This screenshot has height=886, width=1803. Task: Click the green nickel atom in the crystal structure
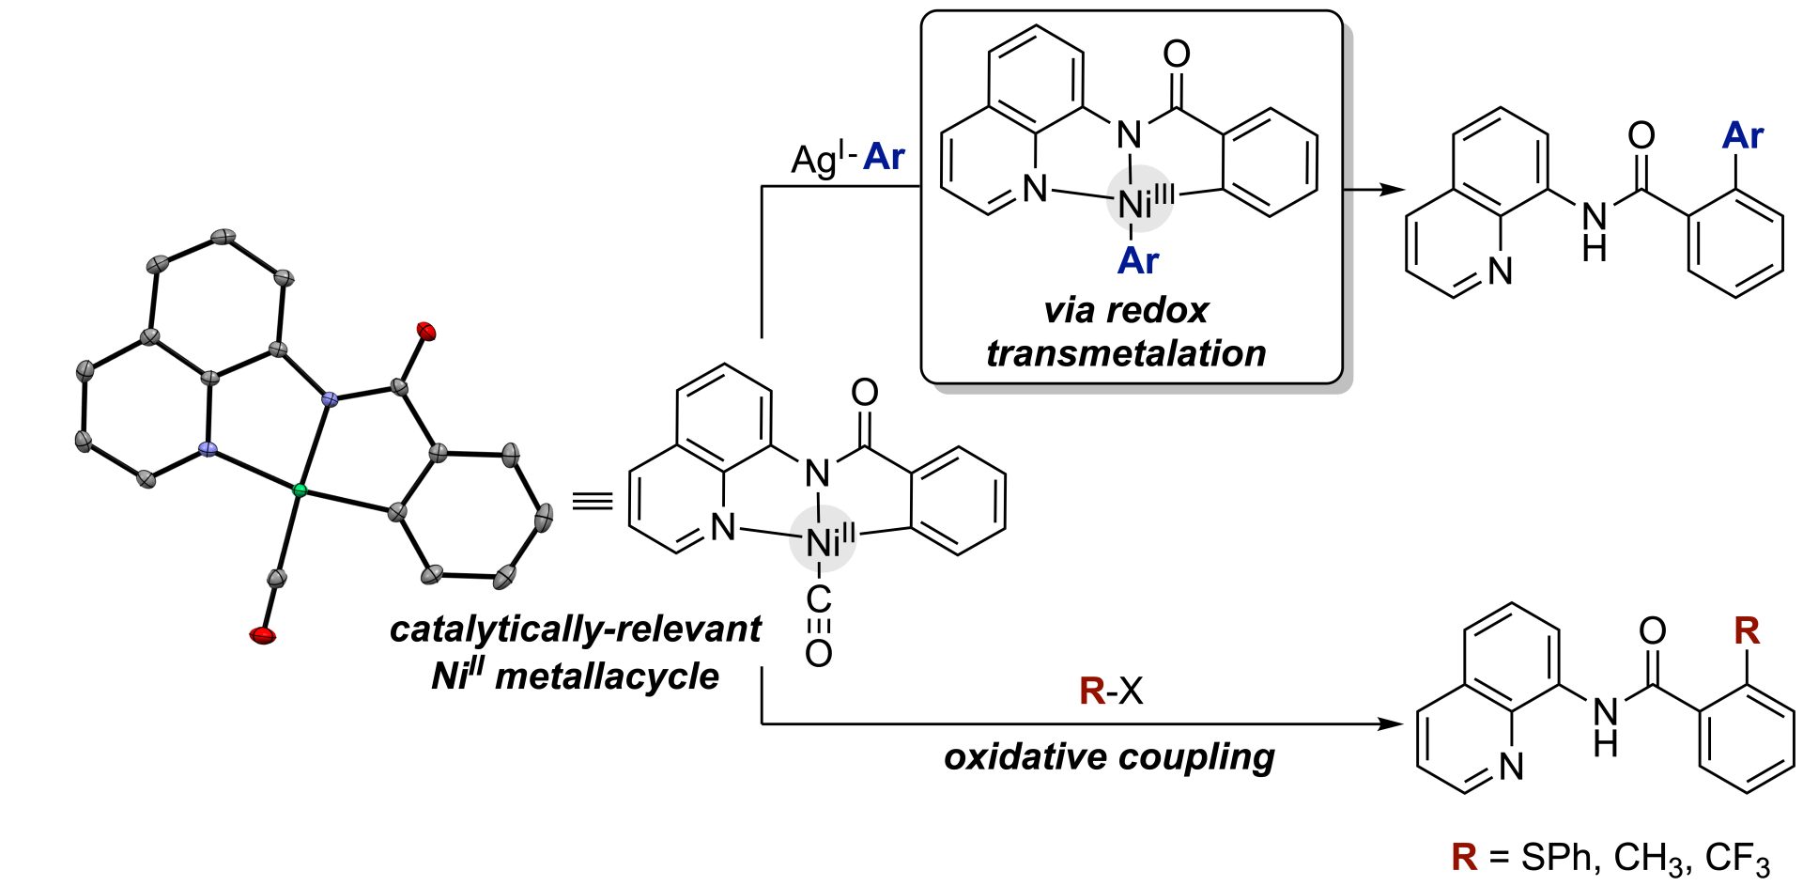pyautogui.click(x=300, y=490)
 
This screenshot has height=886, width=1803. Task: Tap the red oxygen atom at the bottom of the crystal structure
pyautogui.click(x=263, y=636)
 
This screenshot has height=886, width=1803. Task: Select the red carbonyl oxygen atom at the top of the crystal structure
pyautogui.click(x=426, y=331)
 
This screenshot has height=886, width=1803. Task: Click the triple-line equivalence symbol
pyautogui.click(x=593, y=501)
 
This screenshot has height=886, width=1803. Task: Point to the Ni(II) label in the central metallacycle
pyautogui.click(x=830, y=540)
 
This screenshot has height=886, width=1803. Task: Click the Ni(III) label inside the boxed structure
pyautogui.click(x=1146, y=200)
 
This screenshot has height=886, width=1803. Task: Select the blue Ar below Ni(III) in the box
pyautogui.click(x=1138, y=260)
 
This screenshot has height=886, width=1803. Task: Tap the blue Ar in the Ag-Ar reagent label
pyautogui.click(x=885, y=157)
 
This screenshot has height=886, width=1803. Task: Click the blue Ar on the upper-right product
pyautogui.click(x=1743, y=136)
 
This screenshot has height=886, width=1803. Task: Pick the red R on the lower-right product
pyautogui.click(x=1747, y=630)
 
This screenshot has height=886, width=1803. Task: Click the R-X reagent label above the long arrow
pyautogui.click(x=1112, y=691)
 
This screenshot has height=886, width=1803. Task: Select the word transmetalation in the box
pyautogui.click(x=1126, y=353)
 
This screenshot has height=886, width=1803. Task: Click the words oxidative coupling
pyautogui.click(x=1109, y=756)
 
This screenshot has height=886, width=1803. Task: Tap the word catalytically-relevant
pyautogui.click(x=575, y=629)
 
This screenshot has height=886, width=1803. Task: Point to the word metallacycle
pyautogui.click(x=607, y=676)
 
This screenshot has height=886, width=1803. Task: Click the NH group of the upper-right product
pyautogui.click(x=1595, y=231)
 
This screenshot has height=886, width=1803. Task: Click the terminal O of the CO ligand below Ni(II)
pyautogui.click(x=818, y=653)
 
